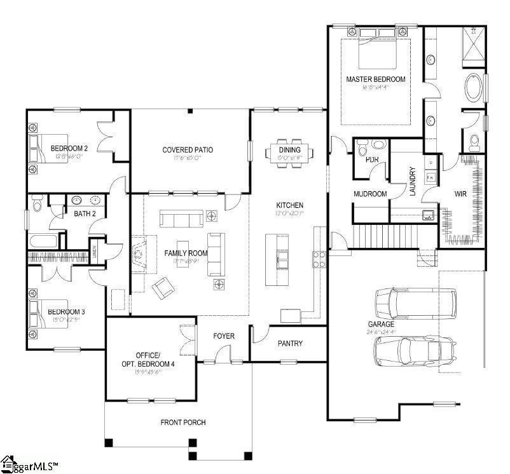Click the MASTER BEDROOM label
(x=375, y=79)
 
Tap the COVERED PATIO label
(x=188, y=150)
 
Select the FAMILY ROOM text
(x=182, y=254)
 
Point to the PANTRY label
(x=290, y=344)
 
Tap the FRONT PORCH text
(x=183, y=423)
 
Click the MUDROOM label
(x=370, y=194)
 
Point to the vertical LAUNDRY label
(x=413, y=182)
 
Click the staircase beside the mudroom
(x=373, y=236)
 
